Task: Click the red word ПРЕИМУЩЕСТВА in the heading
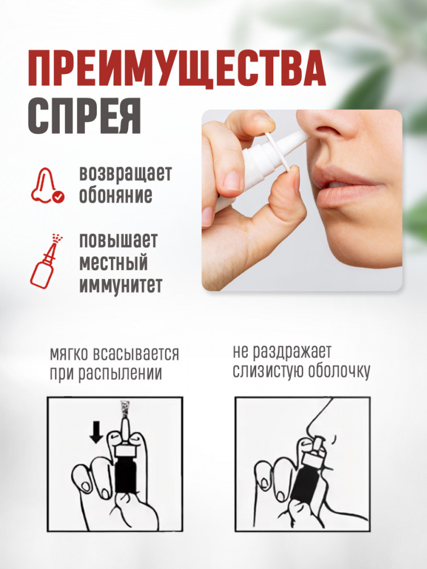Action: [176, 69]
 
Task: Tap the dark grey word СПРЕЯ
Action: [84, 116]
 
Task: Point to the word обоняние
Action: [116, 196]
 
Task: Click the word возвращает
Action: [125, 174]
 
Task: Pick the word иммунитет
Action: [121, 285]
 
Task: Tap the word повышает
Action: [118, 240]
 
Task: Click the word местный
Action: [113, 263]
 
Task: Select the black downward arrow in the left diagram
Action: [96, 432]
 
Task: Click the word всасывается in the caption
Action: [136, 354]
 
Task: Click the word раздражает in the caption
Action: [291, 352]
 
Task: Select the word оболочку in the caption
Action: [339, 371]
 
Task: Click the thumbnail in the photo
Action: [231, 180]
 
